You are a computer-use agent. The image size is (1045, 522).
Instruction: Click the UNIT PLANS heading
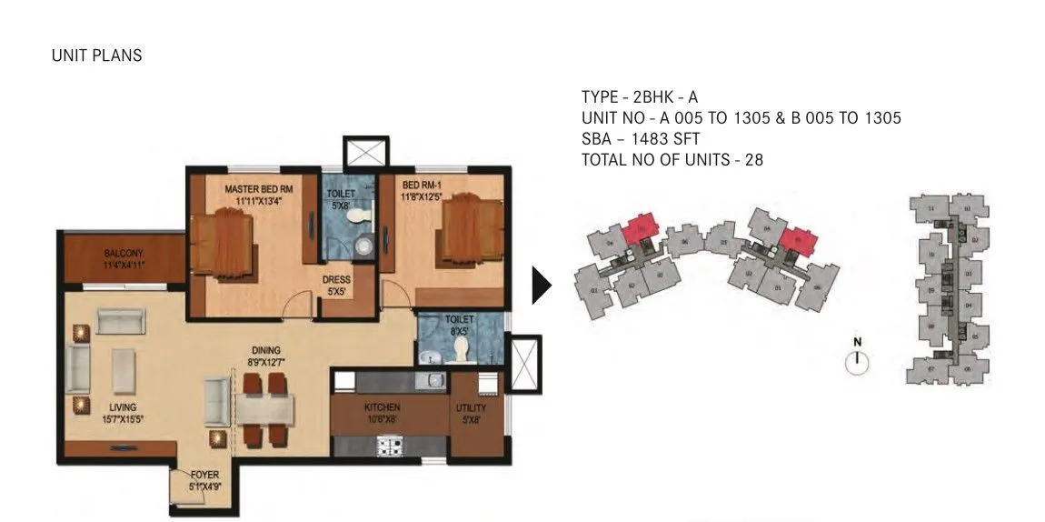97,55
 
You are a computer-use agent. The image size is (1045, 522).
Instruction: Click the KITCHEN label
383,407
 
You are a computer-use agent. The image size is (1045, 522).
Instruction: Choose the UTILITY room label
471,408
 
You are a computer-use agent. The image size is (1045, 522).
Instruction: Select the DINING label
266,350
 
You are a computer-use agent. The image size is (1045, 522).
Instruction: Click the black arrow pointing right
542,286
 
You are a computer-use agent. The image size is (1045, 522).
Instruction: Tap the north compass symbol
856,361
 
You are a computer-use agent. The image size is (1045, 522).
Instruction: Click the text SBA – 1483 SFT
641,139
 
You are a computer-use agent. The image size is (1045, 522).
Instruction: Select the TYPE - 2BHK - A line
640,97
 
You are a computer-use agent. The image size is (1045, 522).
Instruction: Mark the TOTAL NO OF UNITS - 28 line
672,160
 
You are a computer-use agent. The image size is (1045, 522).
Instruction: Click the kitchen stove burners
391,447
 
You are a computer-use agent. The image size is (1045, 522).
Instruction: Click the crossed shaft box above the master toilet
365,151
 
